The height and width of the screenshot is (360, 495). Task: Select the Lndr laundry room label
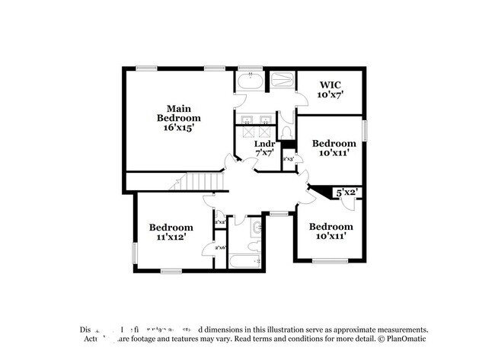click(x=263, y=143)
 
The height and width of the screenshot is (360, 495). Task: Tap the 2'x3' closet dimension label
click(x=289, y=159)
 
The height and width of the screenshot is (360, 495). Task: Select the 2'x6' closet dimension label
click(x=219, y=248)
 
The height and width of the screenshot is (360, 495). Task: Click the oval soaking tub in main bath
click(x=250, y=80)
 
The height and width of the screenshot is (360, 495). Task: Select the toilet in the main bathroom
click(x=286, y=131)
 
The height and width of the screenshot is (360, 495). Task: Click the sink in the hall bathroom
click(x=256, y=227)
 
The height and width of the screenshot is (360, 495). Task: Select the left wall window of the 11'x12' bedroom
click(x=136, y=251)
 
